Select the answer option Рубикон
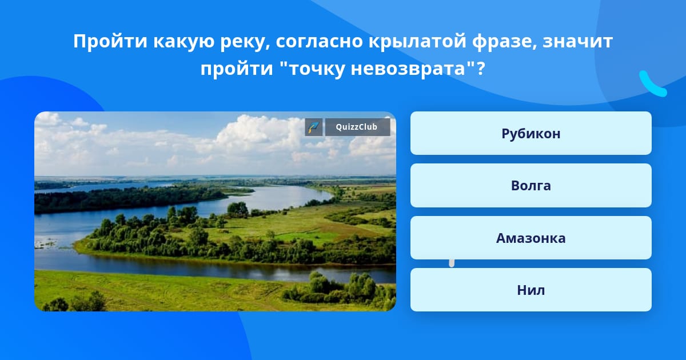[531, 133]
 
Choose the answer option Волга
[531, 186]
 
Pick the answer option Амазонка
[531, 238]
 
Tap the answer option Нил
[531, 290]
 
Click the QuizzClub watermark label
[357, 127]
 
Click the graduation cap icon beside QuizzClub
[314, 127]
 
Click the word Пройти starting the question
[110, 41]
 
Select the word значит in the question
[577, 42]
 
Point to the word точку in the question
[317, 69]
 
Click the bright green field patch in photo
[306, 237]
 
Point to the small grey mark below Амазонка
[452, 263]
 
